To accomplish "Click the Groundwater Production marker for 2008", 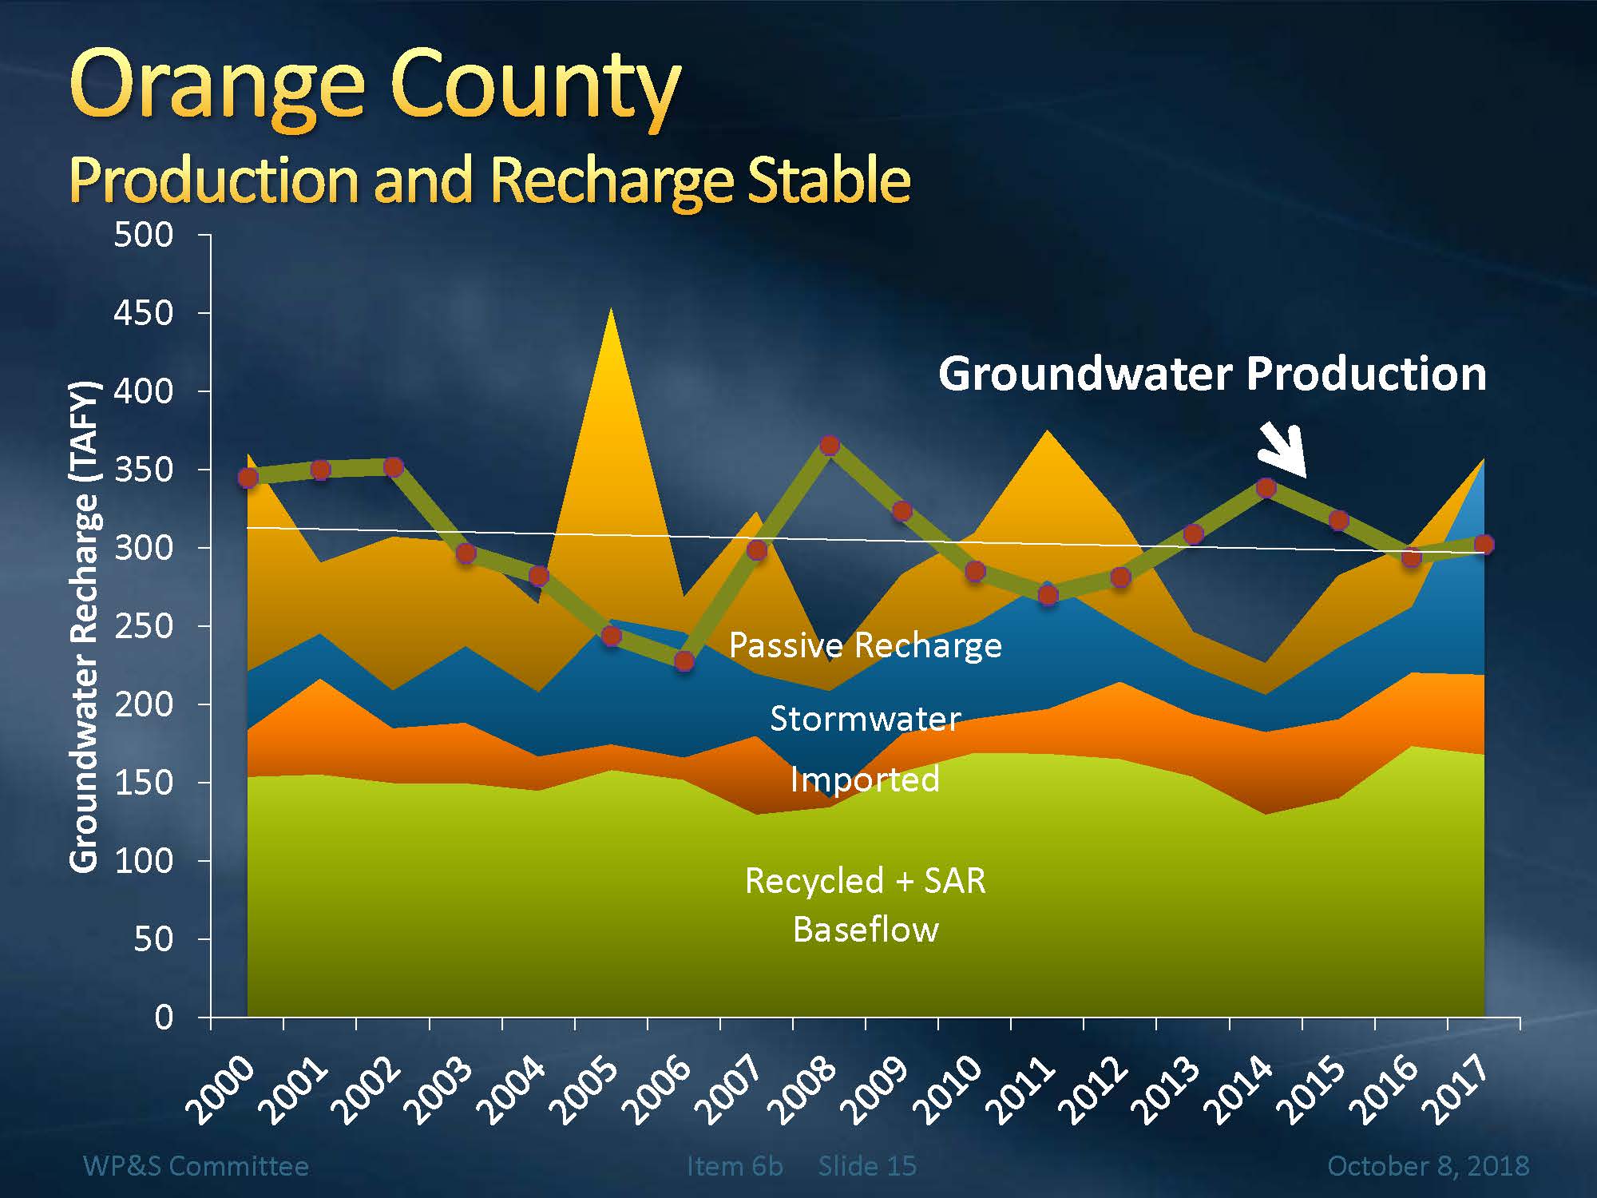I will pos(830,446).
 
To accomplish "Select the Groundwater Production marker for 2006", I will pos(684,661).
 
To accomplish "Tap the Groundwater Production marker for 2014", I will pos(1266,488).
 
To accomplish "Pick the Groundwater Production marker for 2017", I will pos(1484,545).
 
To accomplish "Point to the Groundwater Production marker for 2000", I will pos(248,478).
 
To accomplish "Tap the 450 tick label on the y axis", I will pos(144,313).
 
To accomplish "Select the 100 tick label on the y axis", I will pos(144,861).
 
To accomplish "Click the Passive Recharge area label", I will pos(865,645).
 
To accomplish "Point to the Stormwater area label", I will pos(865,719).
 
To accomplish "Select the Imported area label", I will pos(865,779).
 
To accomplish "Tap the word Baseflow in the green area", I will pos(866,930).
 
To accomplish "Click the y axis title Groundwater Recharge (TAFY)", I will pos(85,627).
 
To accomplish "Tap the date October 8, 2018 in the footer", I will pos(1428,1166).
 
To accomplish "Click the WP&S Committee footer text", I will pos(196,1166).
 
